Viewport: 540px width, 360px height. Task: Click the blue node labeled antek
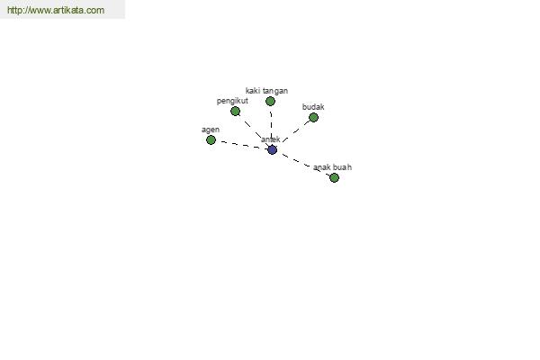[x=272, y=150]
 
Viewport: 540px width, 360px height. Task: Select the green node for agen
[x=211, y=139]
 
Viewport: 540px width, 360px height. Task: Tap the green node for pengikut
[x=235, y=111]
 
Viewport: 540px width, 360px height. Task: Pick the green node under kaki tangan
[x=270, y=102]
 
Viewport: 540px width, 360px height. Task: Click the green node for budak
[x=313, y=118]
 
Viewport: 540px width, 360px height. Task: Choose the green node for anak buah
[x=334, y=178]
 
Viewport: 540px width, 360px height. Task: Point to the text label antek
[x=271, y=139]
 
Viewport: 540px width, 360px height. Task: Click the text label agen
[x=211, y=130]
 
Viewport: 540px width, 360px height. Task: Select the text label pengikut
[x=232, y=101]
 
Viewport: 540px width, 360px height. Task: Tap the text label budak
[x=313, y=107]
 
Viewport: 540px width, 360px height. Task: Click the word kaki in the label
[x=253, y=91]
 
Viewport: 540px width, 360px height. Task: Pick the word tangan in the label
[x=275, y=91]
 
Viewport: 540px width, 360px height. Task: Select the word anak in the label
[x=322, y=167]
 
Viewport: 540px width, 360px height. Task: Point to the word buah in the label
[x=342, y=167]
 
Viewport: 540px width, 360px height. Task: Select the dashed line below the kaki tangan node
[x=271, y=126]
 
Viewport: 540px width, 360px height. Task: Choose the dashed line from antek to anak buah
[x=303, y=164]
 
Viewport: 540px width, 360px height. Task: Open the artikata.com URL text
[x=56, y=10]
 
